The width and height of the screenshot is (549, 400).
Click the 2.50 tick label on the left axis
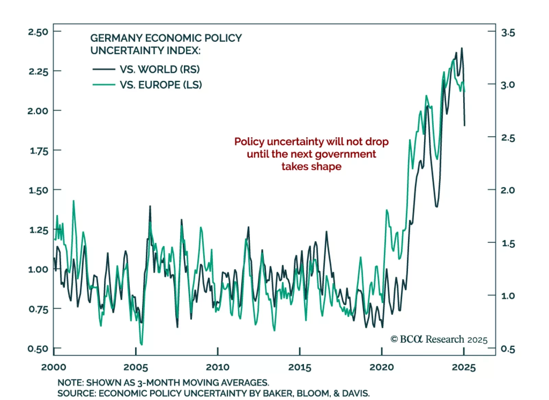tap(38, 32)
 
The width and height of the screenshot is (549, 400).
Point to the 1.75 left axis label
tap(39, 151)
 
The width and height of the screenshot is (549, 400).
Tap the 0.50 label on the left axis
tap(38, 349)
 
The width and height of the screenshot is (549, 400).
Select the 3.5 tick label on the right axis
tap(508, 33)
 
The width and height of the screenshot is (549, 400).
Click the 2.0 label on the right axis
tap(508, 190)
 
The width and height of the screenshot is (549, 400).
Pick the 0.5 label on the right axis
tap(508, 349)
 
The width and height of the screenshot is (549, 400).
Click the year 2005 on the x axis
tap(136, 367)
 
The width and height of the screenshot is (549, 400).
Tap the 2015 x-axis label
tap(300, 367)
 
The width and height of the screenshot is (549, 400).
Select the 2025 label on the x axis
tap(464, 367)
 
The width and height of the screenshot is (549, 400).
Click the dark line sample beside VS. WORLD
tap(104, 69)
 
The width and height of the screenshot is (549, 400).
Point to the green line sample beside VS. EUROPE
tap(104, 84)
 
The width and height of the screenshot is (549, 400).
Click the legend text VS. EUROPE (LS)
tap(161, 85)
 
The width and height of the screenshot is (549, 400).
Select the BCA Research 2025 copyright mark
tap(439, 339)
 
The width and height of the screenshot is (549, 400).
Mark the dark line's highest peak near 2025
tap(462, 48)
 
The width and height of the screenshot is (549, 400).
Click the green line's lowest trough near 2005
tap(141, 344)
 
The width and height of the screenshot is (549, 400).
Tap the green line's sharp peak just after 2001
tap(73, 201)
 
